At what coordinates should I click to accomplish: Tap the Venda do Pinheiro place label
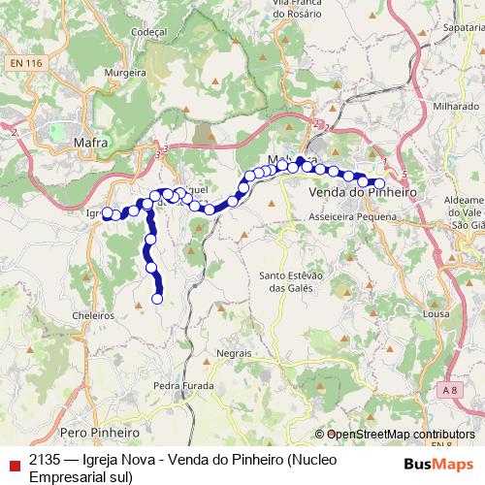tap(362, 193)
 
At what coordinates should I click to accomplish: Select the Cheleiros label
tap(93, 315)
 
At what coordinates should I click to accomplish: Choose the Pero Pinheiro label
tap(100, 431)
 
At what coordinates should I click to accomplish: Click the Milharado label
tap(456, 105)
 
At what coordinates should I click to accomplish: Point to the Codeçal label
tap(149, 30)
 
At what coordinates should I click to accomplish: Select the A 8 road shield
tap(448, 389)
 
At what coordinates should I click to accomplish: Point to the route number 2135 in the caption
tap(44, 458)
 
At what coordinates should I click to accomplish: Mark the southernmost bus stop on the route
tap(157, 299)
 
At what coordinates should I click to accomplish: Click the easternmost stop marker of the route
tap(379, 183)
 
